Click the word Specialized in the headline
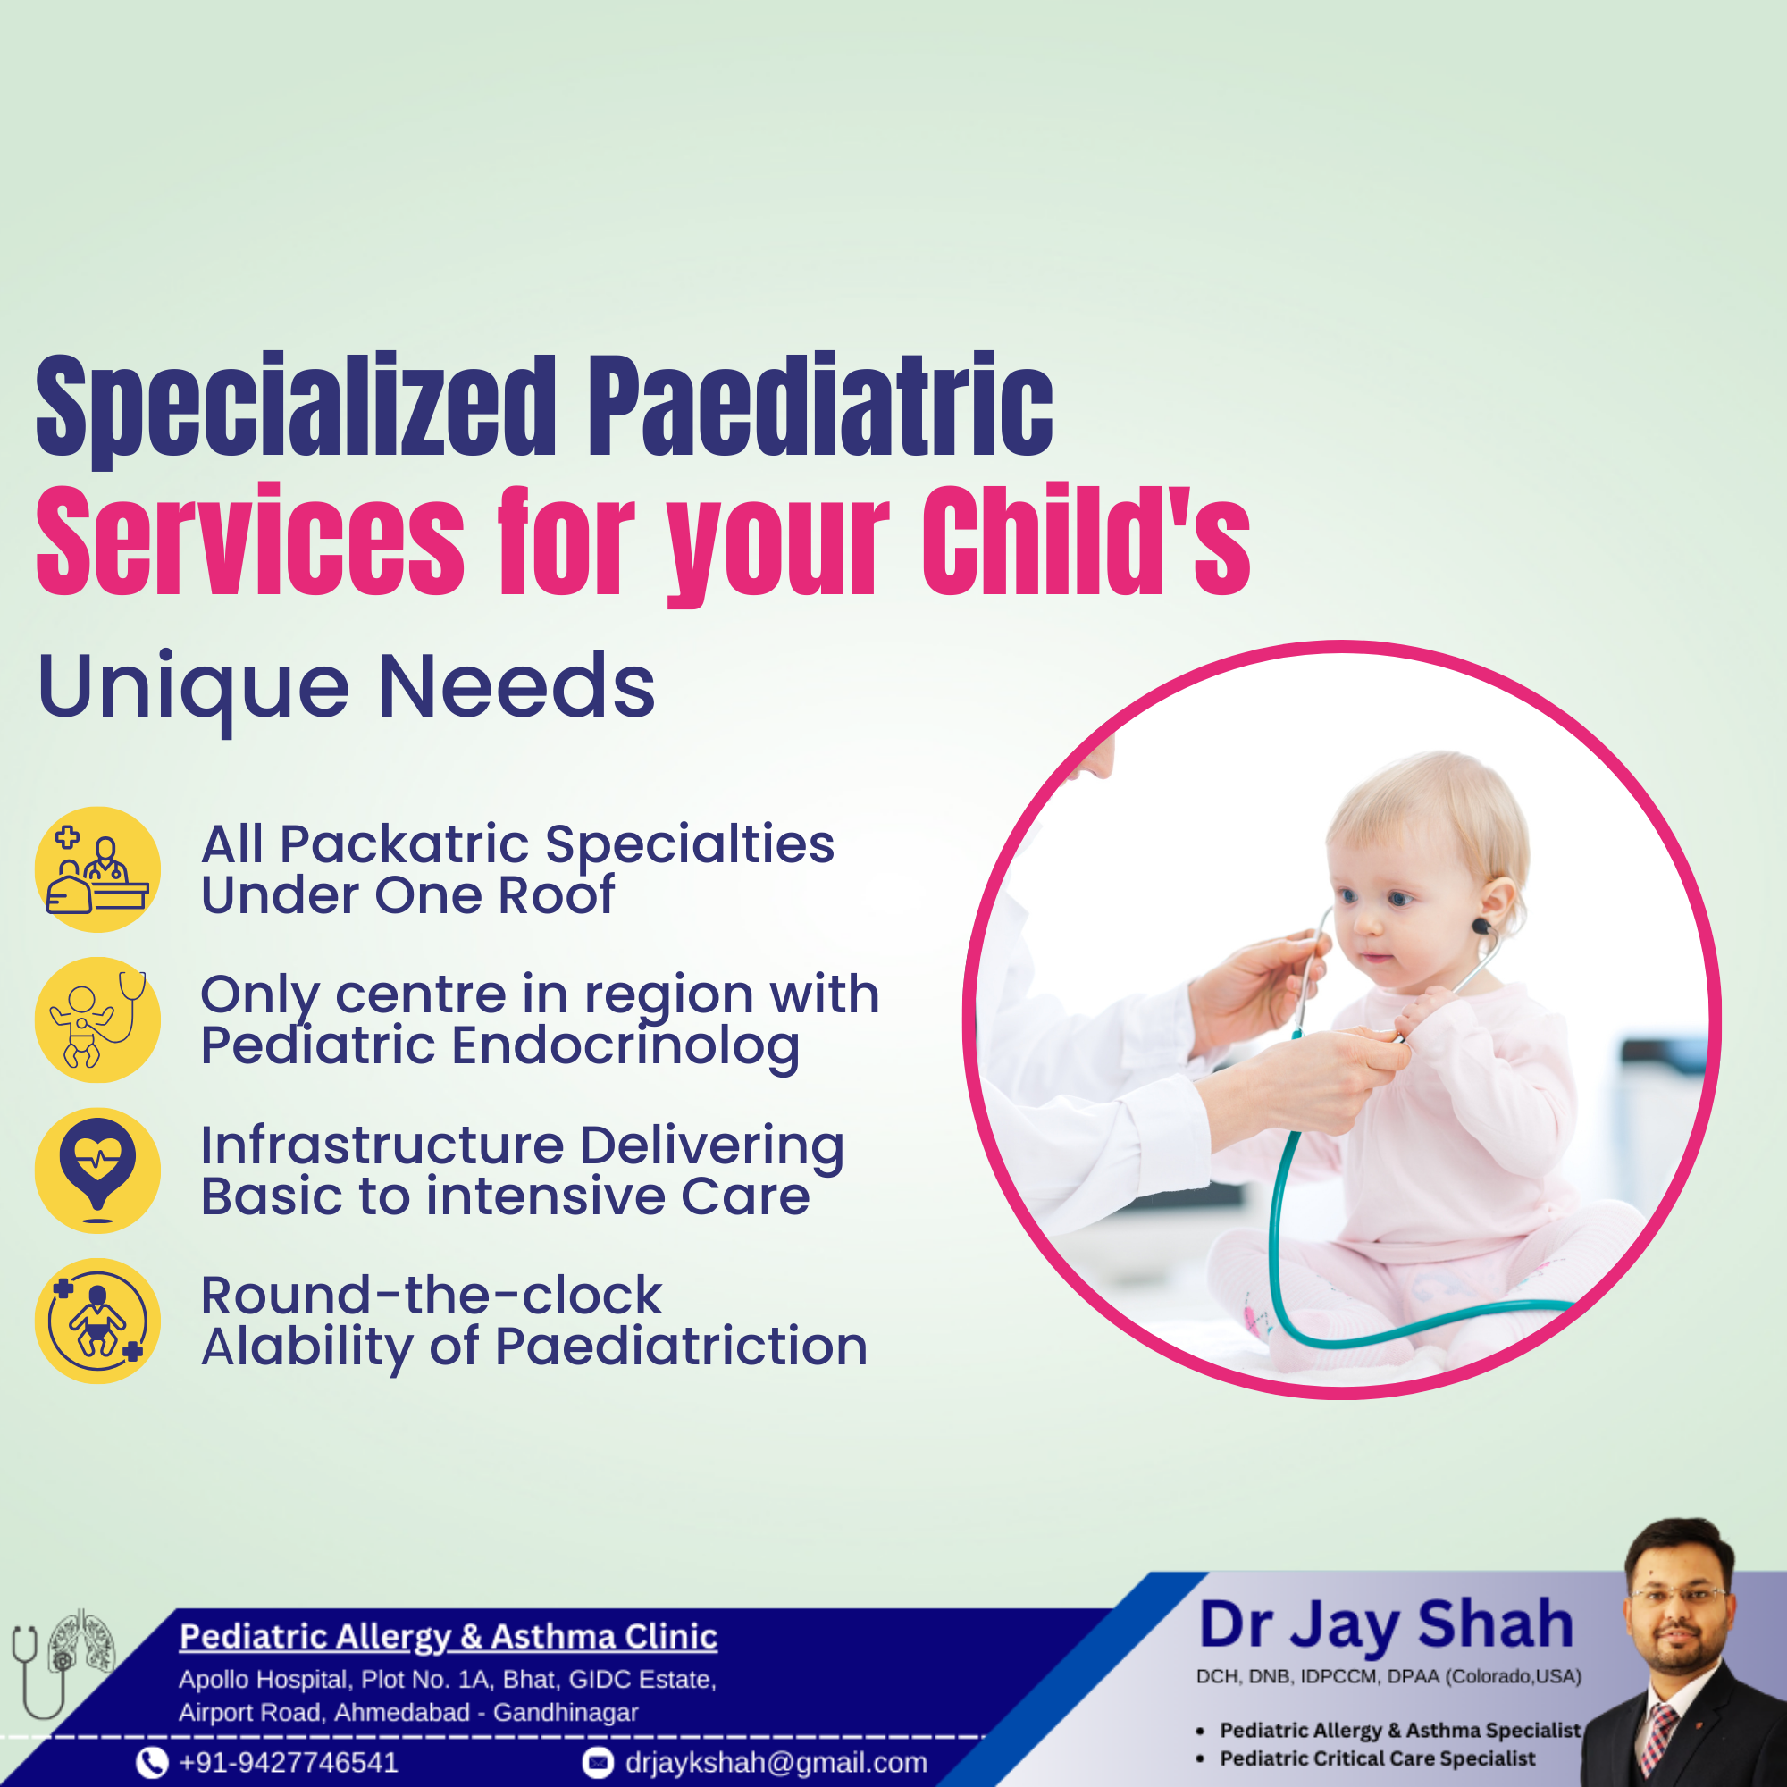point(296,407)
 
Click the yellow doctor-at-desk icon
point(97,869)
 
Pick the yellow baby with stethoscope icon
point(97,1019)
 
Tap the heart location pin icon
point(97,1170)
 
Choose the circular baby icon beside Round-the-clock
point(97,1321)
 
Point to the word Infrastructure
point(382,1145)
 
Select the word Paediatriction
point(681,1346)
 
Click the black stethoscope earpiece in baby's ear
point(1481,926)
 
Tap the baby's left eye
point(1400,898)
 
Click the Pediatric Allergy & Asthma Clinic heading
point(448,1635)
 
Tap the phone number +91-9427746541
point(289,1762)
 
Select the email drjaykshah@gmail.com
point(776,1762)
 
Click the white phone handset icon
point(152,1763)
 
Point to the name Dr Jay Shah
point(1386,1626)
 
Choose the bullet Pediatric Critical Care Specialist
point(1376,1758)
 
